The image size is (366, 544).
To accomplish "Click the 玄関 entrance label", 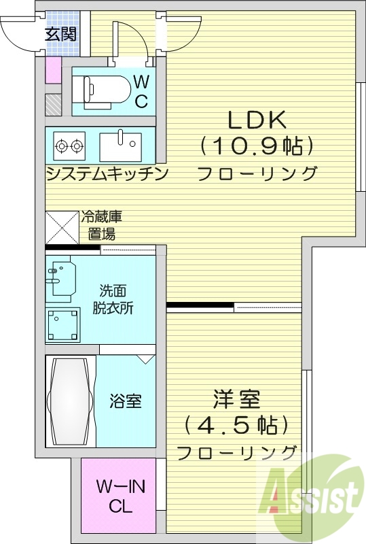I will click(x=61, y=34).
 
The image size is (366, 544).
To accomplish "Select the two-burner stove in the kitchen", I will click(x=69, y=145).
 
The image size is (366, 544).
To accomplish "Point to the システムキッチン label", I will click(x=107, y=175).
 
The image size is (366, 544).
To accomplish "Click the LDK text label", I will click(x=257, y=120).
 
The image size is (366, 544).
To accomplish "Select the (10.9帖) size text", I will click(x=257, y=146).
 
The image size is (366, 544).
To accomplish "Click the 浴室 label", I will click(x=126, y=401).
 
